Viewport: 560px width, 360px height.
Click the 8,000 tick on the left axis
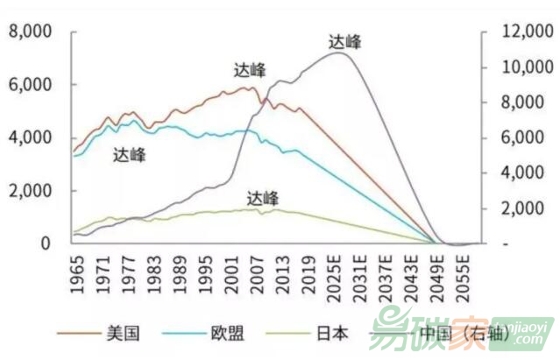(x=30, y=32)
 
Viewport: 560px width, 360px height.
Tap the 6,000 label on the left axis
(x=30, y=85)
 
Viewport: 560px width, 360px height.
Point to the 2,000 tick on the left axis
(x=30, y=190)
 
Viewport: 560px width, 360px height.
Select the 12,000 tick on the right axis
(x=518, y=32)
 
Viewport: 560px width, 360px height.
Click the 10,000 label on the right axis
(x=518, y=67)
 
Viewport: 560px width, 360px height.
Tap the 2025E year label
(x=333, y=272)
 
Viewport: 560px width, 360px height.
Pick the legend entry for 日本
(x=332, y=333)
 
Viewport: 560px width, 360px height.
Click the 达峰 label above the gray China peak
(x=344, y=41)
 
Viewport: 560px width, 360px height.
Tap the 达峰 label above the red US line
(x=251, y=71)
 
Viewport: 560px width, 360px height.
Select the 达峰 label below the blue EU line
(x=130, y=156)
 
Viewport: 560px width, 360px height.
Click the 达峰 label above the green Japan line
(x=263, y=197)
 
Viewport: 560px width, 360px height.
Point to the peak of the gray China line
(x=337, y=53)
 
